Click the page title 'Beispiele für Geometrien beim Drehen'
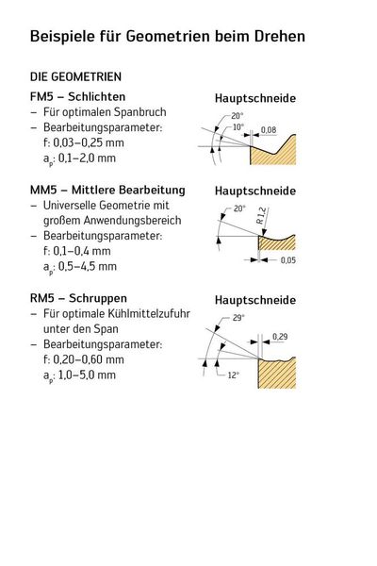tap(168, 37)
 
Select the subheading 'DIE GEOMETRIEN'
tap(75, 75)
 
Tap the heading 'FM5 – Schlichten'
tap(77, 96)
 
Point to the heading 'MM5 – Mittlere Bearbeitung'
tap(107, 190)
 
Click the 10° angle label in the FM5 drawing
tap(238, 126)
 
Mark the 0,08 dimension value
tap(269, 129)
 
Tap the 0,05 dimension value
tap(287, 259)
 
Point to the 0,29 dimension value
tap(281, 337)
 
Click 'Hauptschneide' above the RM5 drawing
tap(255, 300)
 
